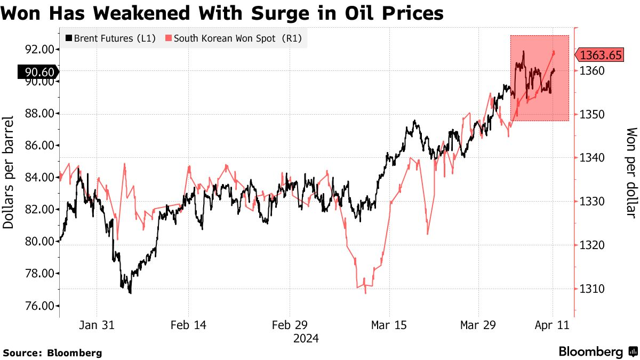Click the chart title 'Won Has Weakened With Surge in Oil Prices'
coord(222,13)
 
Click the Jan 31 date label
coord(97,325)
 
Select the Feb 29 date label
coord(289,325)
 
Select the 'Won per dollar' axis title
coord(631,172)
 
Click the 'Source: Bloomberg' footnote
coord(52,353)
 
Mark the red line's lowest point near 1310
coord(365,293)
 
